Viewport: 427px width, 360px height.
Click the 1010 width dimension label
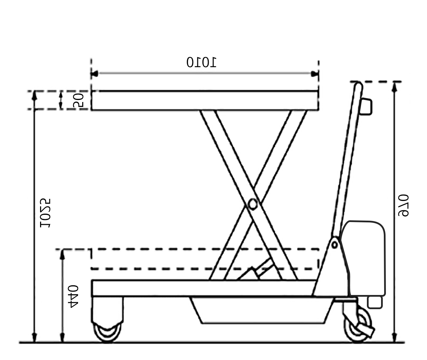(x=201, y=63)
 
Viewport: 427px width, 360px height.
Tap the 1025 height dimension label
(x=45, y=213)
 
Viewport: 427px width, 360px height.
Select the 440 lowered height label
(x=73, y=296)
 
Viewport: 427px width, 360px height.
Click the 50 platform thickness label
(x=78, y=100)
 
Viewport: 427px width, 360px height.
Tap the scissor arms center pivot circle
(x=253, y=204)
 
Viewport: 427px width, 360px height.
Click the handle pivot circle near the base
(x=334, y=245)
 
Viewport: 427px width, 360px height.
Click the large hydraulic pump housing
(x=366, y=258)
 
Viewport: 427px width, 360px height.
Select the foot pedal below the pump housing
(x=375, y=302)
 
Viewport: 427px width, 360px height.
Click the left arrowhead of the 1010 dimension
(x=94, y=74)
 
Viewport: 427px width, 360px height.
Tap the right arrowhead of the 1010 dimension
(x=315, y=74)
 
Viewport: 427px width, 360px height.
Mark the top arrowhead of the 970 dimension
(x=395, y=86)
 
